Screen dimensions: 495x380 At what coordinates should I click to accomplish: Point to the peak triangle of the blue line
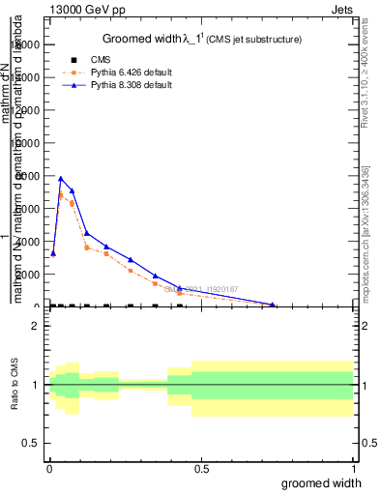click(x=61, y=178)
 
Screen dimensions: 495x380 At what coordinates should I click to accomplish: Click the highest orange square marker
click(x=61, y=194)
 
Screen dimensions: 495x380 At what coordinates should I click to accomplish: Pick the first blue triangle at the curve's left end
click(x=53, y=253)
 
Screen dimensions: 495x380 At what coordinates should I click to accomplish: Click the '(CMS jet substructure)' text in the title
click(x=254, y=40)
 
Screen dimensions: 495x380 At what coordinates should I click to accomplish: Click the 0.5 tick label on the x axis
click(x=200, y=469)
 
